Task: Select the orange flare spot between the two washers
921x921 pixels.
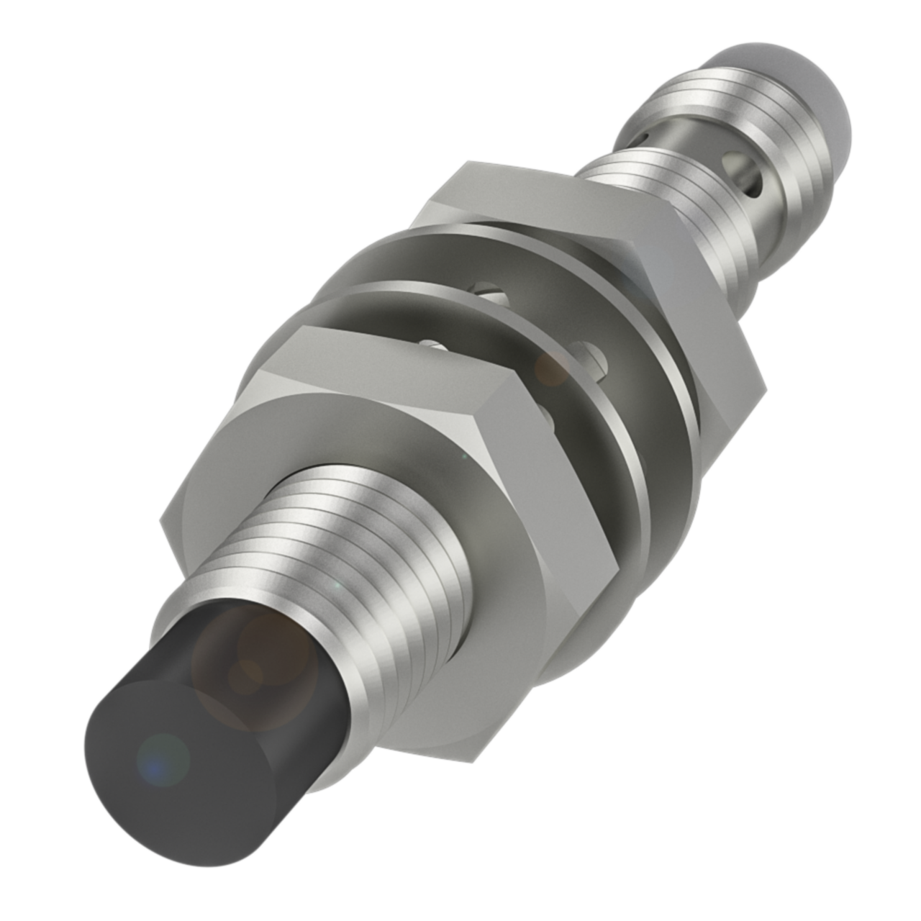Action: tap(553, 368)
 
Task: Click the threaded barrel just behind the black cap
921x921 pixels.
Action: tap(367, 568)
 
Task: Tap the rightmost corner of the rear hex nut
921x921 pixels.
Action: tap(764, 393)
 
